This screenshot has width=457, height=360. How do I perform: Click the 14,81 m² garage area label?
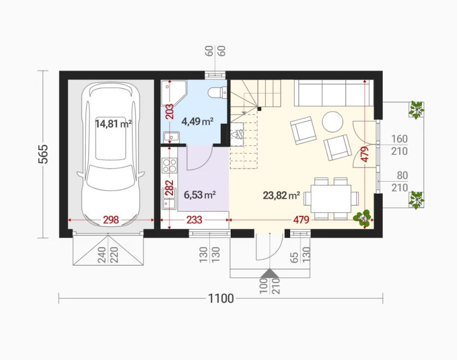coord(113,124)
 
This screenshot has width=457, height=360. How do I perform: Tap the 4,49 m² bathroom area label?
coord(197,121)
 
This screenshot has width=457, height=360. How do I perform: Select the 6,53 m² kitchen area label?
coord(200,194)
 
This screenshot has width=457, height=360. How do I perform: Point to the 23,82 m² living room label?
coord(281,195)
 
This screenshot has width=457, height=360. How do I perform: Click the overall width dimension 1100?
coord(221,298)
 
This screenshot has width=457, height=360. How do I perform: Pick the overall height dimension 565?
coord(43,154)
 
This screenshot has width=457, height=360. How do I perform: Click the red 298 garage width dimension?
coord(111,220)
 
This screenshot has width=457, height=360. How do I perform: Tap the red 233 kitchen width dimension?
coord(194,220)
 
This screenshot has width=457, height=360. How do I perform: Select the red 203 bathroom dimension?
coord(170,112)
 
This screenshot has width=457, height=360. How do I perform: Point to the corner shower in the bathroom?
coord(174,93)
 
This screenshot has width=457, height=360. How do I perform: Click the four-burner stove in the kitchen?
coord(170,165)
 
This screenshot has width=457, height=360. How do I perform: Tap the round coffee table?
coord(332,122)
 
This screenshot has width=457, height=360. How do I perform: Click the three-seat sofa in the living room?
coord(334,93)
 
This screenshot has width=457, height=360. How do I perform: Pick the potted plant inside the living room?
coord(362,218)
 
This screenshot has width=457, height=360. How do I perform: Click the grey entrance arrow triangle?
coord(270,273)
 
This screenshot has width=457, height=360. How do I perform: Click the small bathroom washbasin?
coord(171,137)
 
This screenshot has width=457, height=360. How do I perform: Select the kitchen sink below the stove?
coord(169,199)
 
